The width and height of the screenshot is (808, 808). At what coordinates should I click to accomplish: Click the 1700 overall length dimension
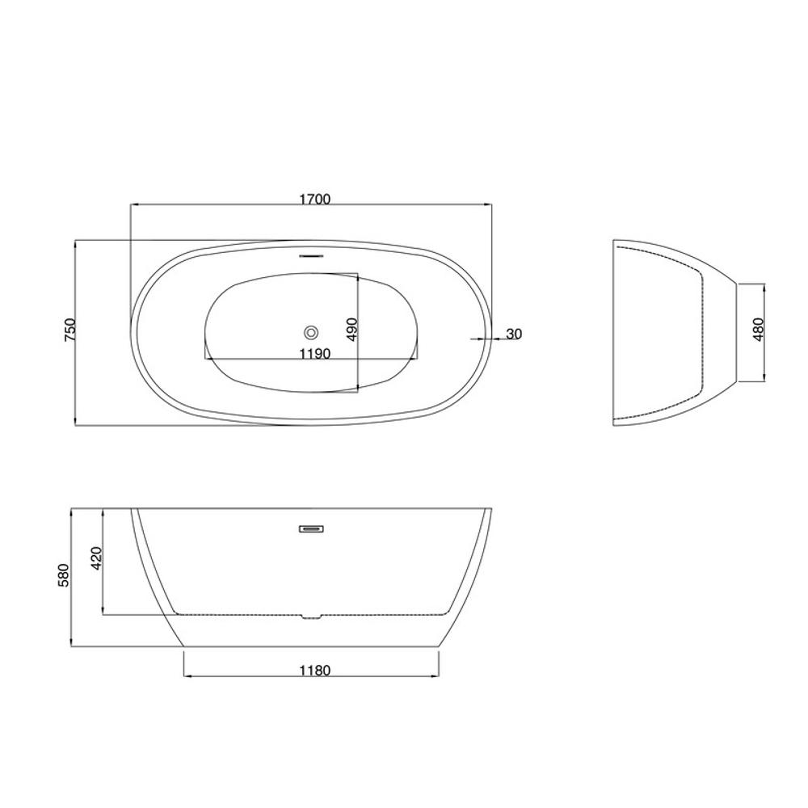click(x=315, y=199)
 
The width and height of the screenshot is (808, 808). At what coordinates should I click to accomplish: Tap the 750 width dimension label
click(x=70, y=330)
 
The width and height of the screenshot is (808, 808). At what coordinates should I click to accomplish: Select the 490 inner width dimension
click(x=352, y=330)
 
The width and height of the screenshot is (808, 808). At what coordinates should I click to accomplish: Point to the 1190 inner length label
click(x=315, y=354)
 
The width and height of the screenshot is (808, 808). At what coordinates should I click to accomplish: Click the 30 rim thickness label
click(x=514, y=334)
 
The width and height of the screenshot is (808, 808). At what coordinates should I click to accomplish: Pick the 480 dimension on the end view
click(x=758, y=330)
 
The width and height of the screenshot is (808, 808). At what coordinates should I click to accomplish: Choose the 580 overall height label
click(x=63, y=576)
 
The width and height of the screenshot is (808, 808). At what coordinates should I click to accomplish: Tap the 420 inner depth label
click(x=96, y=558)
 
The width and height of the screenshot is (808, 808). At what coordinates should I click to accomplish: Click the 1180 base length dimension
click(x=315, y=671)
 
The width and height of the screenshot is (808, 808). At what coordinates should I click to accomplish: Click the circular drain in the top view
click(x=311, y=332)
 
